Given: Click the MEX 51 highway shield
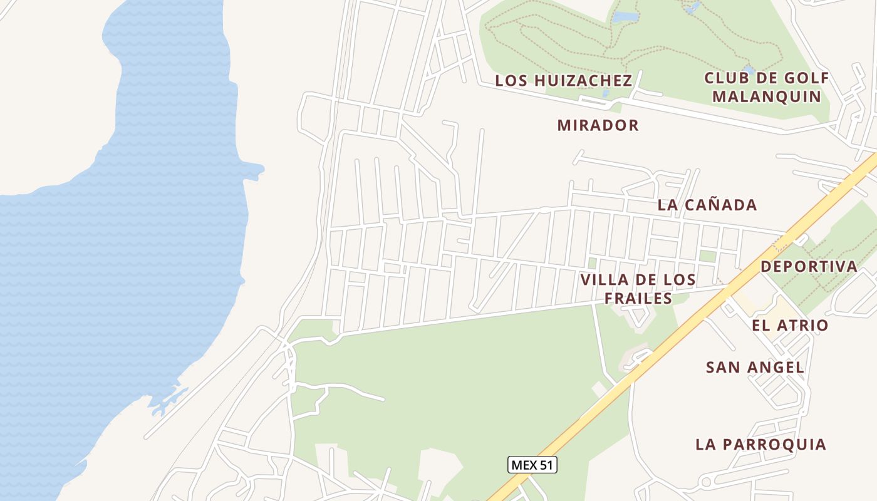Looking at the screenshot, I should [x=532, y=465].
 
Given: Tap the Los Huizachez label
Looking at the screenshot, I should [x=564, y=81].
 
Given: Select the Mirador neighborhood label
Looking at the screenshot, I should [x=598, y=125].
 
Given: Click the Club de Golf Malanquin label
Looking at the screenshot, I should [x=767, y=88].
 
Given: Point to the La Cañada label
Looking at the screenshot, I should [x=707, y=205].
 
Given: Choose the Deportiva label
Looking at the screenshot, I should [x=809, y=266].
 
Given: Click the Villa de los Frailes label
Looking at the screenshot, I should [x=638, y=289].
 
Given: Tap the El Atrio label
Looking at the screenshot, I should [x=790, y=326].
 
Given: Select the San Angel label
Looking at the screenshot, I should [x=755, y=368].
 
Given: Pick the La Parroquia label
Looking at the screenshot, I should [x=761, y=445].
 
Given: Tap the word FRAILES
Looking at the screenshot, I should [x=638, y=298].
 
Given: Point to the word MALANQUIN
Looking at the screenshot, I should [x=767, y=97].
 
